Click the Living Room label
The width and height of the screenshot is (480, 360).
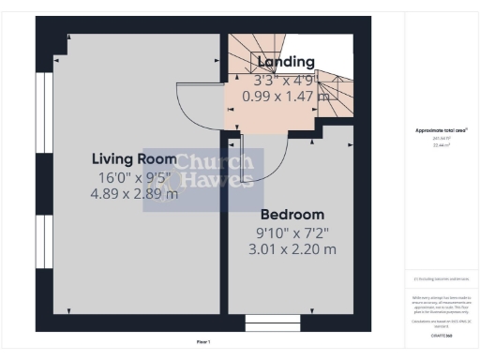(133, 158)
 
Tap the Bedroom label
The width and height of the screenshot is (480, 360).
(292, 214)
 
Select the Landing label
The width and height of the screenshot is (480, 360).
(286, 62)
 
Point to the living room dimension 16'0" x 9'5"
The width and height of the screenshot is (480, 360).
(133, 177)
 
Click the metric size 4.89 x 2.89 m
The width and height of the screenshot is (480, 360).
(133, 194)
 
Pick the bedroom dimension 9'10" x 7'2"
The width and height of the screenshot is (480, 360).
(292, 232)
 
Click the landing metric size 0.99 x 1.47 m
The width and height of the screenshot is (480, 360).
(286, 96)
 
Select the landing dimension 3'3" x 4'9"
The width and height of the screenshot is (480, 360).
(286, 80)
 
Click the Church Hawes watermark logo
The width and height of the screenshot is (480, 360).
(203, 178)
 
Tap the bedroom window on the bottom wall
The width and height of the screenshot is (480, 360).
(271, 323)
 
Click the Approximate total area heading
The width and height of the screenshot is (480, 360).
(441, 129)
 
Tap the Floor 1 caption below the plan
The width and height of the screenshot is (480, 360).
(203, 342)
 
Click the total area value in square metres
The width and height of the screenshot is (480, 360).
(441, 145)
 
